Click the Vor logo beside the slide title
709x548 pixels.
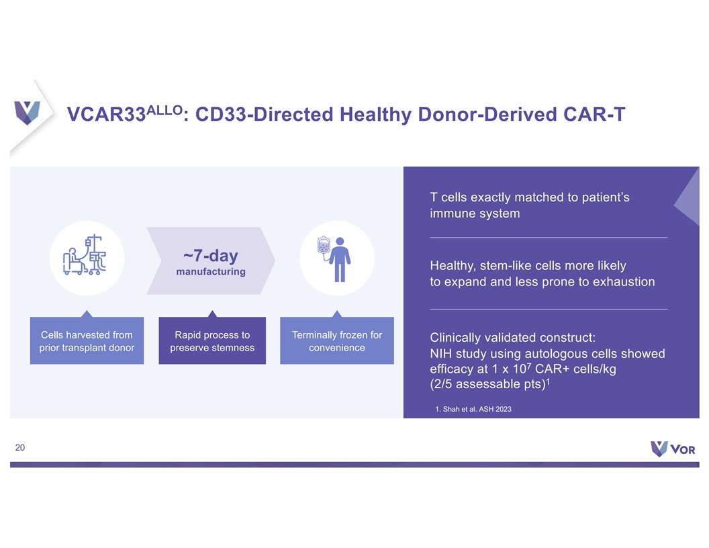pyautogui.click(x=27, y=113)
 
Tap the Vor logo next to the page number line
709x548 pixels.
pyautogui.click(x=673, y=449)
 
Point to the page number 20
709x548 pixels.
pyautogui.click(x=20, y=448)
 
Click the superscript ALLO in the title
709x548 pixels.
pyautogui.click(x=164, y=110)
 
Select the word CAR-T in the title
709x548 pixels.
pyautogui.click(x=594, y=114)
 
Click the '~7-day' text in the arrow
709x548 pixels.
pyautogui.click(x=211, y=256)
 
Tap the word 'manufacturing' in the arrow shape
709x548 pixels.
pyautogui.click(x=211, y=272)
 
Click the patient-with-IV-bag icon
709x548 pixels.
pyautogui.click(x=334, y=259)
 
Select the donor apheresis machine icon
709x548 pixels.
pyautogui.click(x=85, y=255)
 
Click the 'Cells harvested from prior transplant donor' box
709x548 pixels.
pyautogui.click(x=87, y=340)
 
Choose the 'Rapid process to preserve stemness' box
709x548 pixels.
pyautogui.click(x=212, y=340)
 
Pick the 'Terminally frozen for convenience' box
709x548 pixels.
pyautogui.click(x=337, y=340)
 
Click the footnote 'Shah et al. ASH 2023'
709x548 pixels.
pyautogui.click(x=477, y=409)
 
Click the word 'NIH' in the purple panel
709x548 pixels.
pyautogui.click(x=441, y=353)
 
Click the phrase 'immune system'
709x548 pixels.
pyautogui.click(x=475, y=214)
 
